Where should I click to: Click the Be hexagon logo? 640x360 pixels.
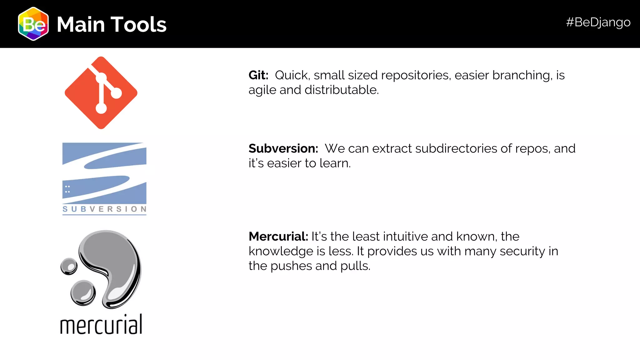tap(33, 24)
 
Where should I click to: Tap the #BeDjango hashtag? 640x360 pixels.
tap(598, 22)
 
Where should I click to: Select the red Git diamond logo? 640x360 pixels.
tap(101, 93)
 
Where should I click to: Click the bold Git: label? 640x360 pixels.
tap(258, 75)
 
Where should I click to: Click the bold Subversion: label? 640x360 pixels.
tap(283, 148)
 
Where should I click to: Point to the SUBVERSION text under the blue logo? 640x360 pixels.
tap(104, 209)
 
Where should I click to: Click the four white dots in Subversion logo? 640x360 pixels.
tap(67, 189)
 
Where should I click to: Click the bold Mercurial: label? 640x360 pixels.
tap(278, 237)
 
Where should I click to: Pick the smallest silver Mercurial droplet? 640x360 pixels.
tap(69, 267)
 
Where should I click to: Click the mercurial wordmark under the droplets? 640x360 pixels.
tap(101, 324)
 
